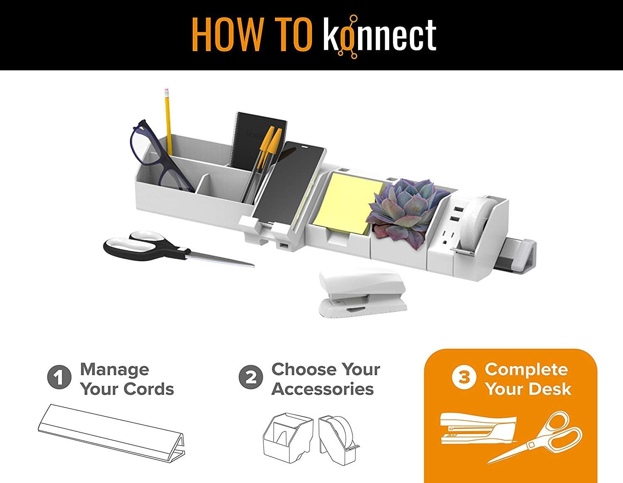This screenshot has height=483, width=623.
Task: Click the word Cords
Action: [149, 389]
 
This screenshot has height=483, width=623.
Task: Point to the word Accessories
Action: [323, 389]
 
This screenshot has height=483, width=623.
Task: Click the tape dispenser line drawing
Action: [338, 438]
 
